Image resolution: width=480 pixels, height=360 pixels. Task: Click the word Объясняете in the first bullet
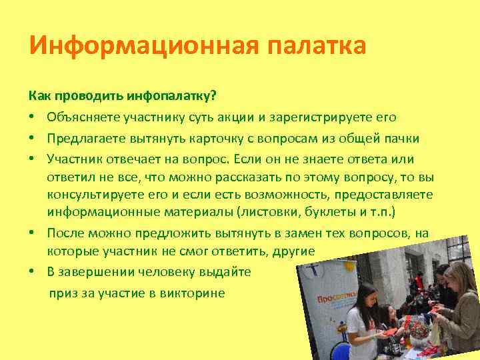pyautogui.click(x=82, y=117)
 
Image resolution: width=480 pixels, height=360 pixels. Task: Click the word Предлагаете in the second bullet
pyautogui.click(x=85, y=139)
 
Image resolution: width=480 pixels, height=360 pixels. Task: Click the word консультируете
pyautogui.click(x=97, y=194)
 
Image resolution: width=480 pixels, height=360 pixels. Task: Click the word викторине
pyautogui.click(x=194, y=293)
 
